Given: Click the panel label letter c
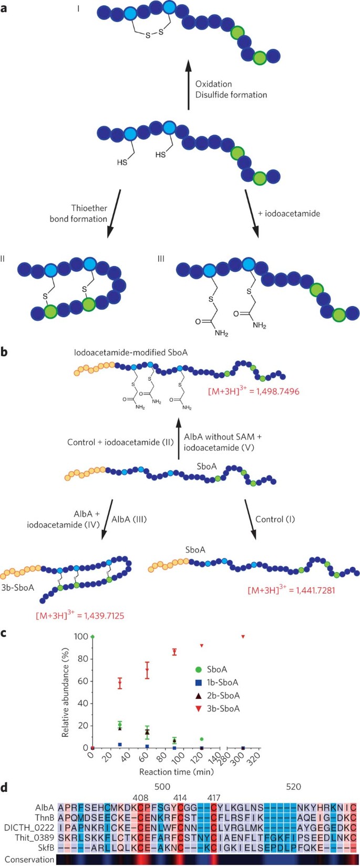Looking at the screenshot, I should pyautogui.click(x=4, y=633).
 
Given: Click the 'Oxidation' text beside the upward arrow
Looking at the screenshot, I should pyautogui.click(x=213, y=84).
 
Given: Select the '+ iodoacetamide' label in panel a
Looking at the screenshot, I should pyautogui.click(x=289, y=213).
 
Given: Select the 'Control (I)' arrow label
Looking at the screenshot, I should pyautogui.click(x=275, y=519).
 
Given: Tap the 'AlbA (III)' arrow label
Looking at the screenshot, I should pyautogui.click(x=129, y=519).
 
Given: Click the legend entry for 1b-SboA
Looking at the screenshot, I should pyautogui.click(x=222, y=682).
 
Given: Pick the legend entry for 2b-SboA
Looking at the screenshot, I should pyautogui.click(x=223, y=696).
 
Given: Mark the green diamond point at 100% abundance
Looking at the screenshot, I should pyautogui.click(x=92, y=637).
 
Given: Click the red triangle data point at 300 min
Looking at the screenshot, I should pyautogui.click(x=243, y=637).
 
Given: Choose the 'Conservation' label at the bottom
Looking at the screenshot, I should pyautogui.click(x=29, y=859).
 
